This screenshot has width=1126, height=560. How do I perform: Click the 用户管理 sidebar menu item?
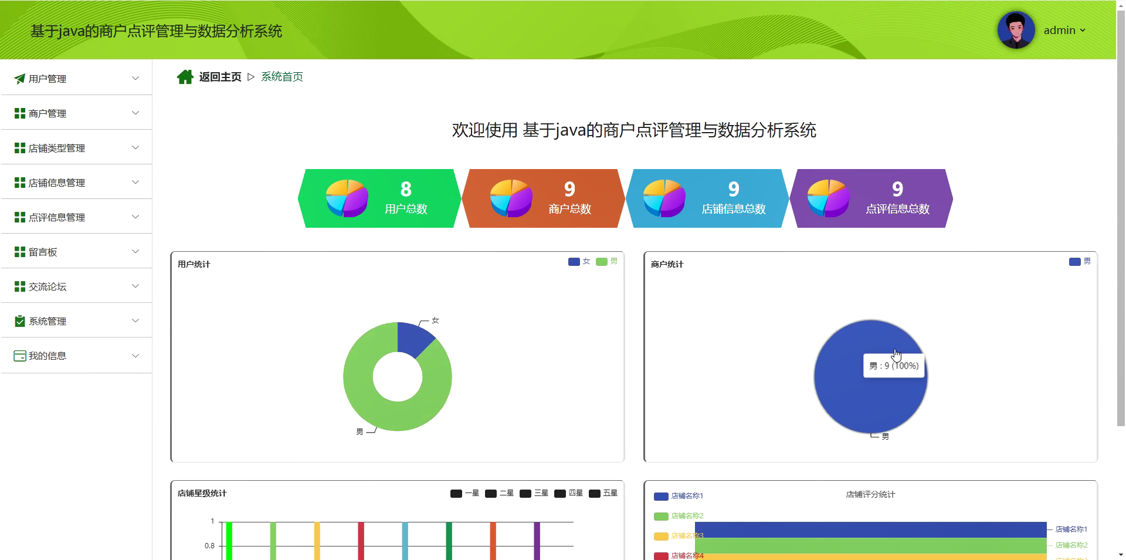(48, 79)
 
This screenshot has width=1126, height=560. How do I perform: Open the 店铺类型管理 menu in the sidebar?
(57, 148)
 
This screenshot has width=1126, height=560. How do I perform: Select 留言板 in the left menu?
(43, 252)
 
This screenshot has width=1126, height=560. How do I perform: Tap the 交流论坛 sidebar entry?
(48, 286)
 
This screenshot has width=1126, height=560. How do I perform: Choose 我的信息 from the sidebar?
(48, 356)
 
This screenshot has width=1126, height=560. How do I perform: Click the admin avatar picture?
(1016, 30)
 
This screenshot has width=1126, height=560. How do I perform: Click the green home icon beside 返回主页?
(185, 77)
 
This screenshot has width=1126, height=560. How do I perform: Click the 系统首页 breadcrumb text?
(282, 77)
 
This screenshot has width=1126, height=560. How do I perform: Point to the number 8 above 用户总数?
(406, 189)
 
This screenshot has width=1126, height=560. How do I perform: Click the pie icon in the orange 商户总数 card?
(511, 198)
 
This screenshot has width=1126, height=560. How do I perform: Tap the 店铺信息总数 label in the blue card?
(734, 209)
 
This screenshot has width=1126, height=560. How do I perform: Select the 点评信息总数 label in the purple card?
(897, 209)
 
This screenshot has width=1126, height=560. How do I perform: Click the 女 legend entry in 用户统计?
(579, 261)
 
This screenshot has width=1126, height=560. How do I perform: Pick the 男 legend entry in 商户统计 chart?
(1080, 261)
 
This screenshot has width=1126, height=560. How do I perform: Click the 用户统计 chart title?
(194, 264)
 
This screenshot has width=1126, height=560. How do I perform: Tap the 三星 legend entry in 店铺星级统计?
(534, 493)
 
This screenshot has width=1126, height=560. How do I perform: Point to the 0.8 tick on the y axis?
(209, 546)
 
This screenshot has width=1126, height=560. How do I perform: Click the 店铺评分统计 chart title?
(870, 494)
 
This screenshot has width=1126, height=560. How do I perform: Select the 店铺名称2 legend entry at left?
(679, 516)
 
